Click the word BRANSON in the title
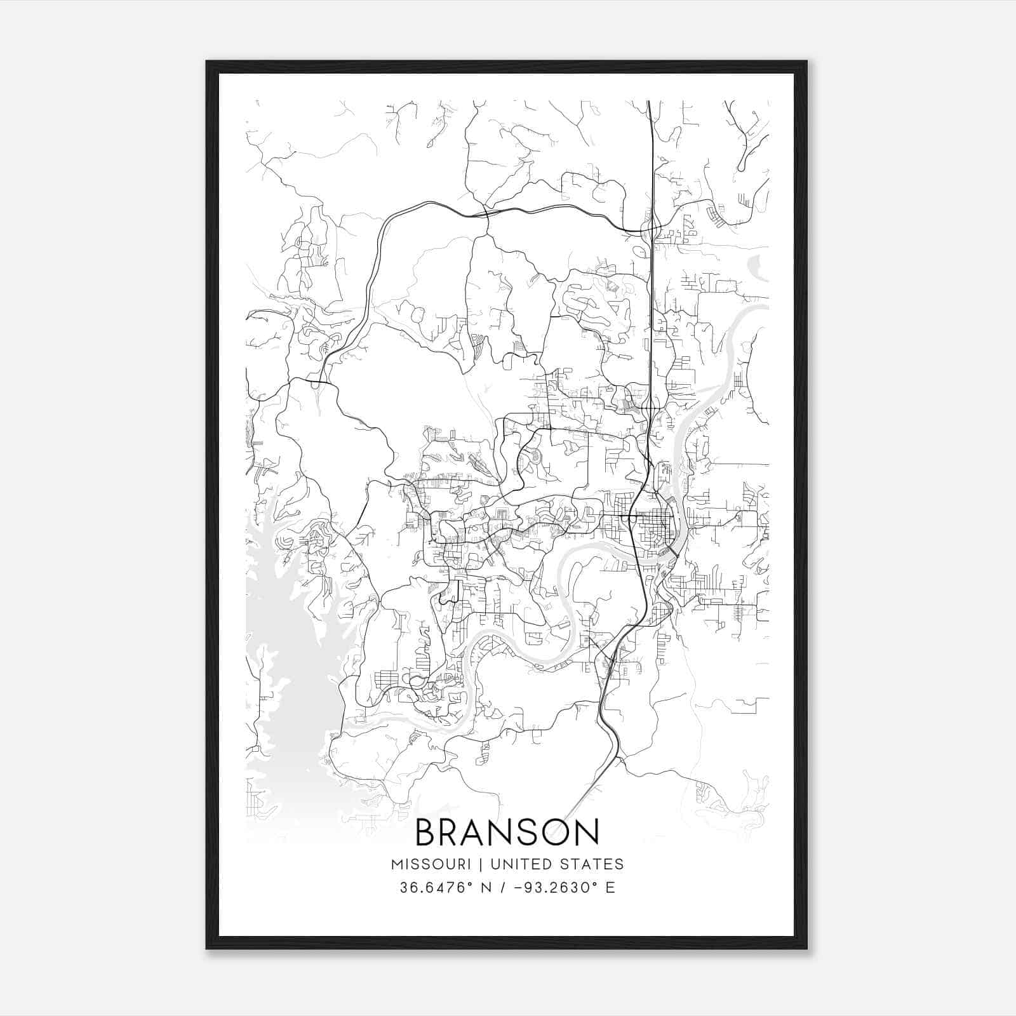507,832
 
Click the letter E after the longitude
610,888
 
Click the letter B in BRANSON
427,832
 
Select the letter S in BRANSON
525,832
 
